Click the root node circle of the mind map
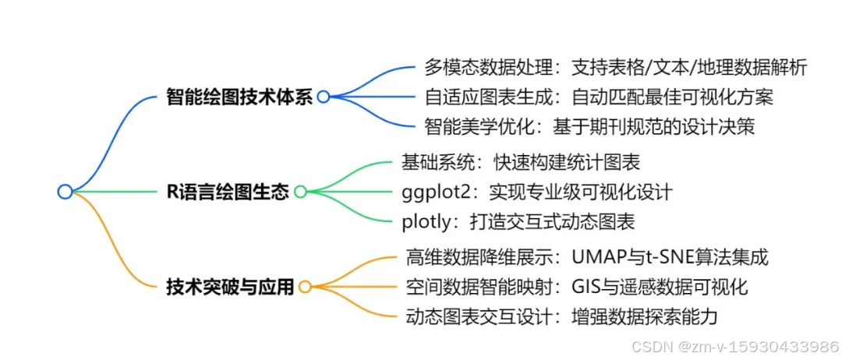click(65, 191)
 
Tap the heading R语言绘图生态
click(228, 191)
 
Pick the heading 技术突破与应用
click(231, 286)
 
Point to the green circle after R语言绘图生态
click(299, 191)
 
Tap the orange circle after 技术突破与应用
click(305, 286)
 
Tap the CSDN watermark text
click(734, 345)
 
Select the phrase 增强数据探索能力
click(644, 316)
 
